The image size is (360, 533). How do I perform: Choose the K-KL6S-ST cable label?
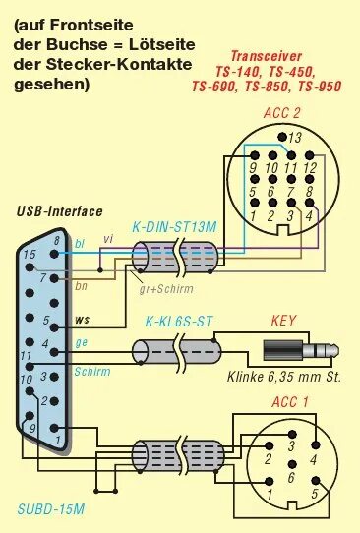coord(179,322)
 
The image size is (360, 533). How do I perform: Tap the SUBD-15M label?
coord(51,509)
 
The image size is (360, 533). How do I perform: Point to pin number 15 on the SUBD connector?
coord(30,255)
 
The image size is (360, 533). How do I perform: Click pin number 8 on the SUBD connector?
coord(56,240)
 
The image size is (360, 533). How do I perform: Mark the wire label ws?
coord(83,320)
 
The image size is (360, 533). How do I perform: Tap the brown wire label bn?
coord(81,285)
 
